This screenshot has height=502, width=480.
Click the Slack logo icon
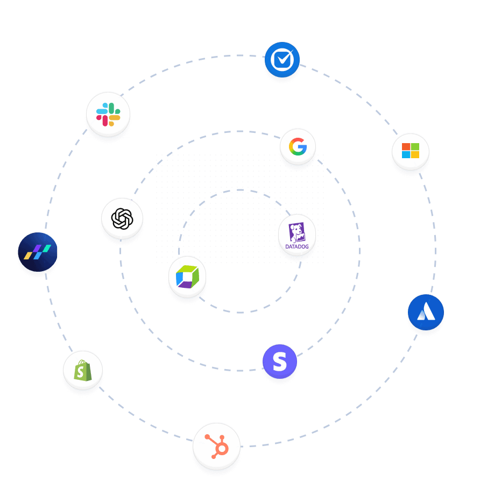point(108,114)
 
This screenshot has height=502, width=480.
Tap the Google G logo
point(298,147)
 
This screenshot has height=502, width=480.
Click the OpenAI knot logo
point(122,218)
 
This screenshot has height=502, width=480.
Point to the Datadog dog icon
point(297,233)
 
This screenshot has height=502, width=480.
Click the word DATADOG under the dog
point(297,247)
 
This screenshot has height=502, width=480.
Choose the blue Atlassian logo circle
point(426,312)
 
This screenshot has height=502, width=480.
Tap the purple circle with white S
point(280,362)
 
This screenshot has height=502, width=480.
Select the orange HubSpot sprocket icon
point(216,446)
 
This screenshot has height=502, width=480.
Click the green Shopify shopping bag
point(83,371)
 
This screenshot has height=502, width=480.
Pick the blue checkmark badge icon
point(282,59)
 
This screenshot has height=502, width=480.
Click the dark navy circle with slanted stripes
point(38,252)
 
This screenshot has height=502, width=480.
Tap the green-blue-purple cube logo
point(187,277)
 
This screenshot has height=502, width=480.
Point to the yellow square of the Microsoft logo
point(415,155)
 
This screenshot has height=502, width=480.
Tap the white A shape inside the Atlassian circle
point(426,313)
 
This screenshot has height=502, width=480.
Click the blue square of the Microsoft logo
point(406,155)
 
